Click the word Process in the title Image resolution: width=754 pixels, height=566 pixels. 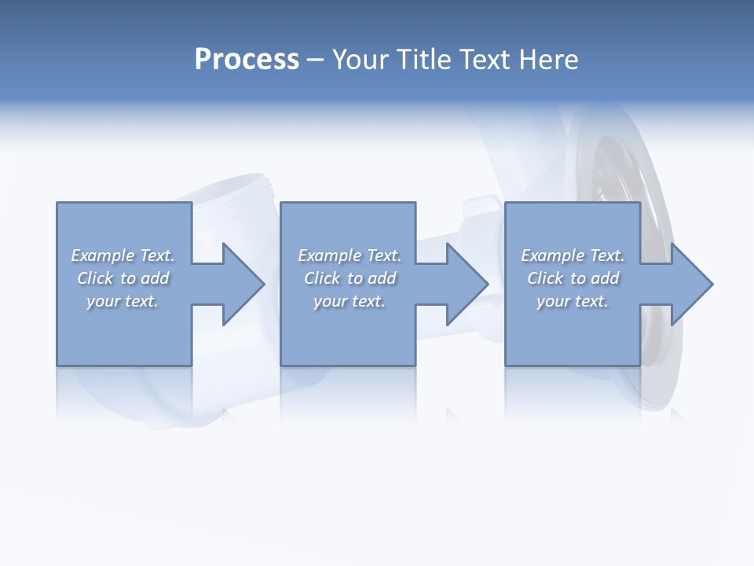click(247, 60)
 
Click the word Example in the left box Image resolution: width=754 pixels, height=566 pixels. click(103, 255)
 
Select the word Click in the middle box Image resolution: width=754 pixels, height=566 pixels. click(322, 278)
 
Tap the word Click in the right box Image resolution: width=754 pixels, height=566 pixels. click(545, 278)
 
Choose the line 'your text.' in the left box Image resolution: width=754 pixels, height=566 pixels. click(123, 301)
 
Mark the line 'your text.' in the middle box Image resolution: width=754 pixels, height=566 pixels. click(350, 301)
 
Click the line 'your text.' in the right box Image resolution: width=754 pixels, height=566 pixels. click(573, 301)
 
